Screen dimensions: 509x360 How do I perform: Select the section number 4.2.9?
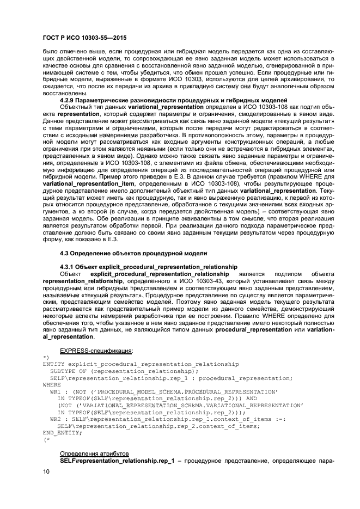[x=69, y=101]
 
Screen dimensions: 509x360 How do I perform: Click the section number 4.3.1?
[x=69, y=267]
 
